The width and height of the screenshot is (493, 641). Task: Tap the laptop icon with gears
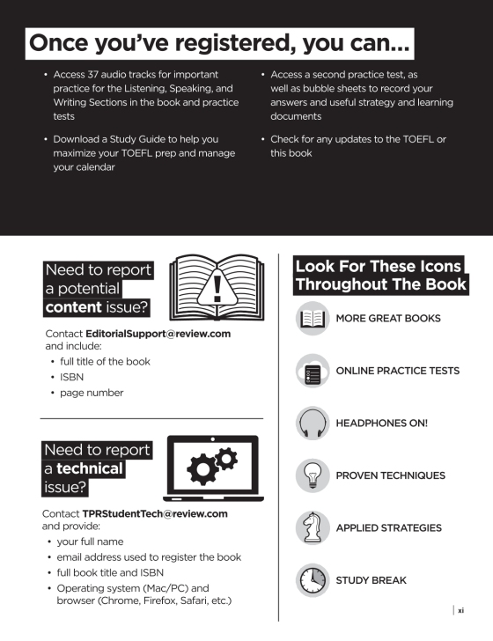coord(212,467)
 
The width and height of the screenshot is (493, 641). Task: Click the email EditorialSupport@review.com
coord(158,335)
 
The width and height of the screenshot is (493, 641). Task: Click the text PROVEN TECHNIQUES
coord(390,475)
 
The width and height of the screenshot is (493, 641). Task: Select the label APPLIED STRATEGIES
coord(388,528)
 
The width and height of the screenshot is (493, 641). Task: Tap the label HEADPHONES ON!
coord(381,424)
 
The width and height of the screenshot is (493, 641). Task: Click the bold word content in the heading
coord(74,308)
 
